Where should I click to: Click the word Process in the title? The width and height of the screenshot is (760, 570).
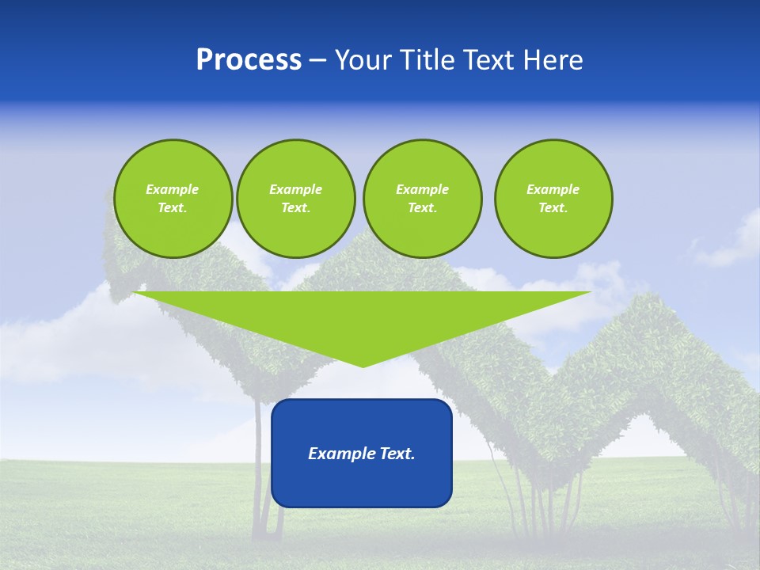pos(249,60)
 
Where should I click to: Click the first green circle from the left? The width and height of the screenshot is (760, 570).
pos(173,199)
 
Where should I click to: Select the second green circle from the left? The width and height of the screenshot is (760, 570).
pos(295,199)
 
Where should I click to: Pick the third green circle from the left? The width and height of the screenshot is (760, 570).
pos(422,199)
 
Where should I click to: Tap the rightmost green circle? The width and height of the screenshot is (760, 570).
pos(553,199)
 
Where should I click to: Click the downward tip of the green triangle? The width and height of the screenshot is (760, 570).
pos(363,365)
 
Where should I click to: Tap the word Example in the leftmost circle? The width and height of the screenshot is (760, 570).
pos(173,189)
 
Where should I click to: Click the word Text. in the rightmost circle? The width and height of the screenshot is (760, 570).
pos(553,208)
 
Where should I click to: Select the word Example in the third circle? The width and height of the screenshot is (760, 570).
pos(422,189)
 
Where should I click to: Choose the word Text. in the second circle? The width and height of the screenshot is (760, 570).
pos(295,208)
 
